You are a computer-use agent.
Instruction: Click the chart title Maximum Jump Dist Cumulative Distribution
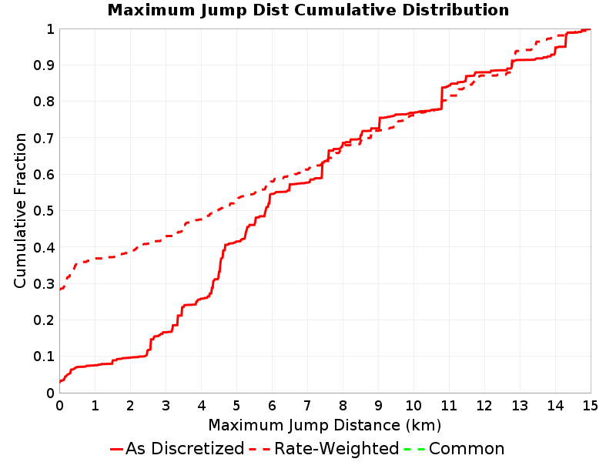coord(309,10)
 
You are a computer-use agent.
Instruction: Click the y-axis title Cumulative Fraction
coord(20,210)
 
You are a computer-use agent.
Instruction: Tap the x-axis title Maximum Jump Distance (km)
coord(325,426)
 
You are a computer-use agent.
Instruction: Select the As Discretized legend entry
coord(177,449)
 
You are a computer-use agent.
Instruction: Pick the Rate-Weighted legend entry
coord(324,449)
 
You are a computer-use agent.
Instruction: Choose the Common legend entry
coord(454,449)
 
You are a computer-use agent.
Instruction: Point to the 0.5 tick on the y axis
coord(44,210)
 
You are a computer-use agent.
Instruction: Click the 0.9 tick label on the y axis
coord(44,65)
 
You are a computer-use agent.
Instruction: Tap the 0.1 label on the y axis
coord(44,357)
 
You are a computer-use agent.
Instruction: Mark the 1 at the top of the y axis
coord(50,28)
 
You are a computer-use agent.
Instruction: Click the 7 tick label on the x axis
coord(307,405)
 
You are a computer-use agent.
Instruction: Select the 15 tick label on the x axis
coord(590,405)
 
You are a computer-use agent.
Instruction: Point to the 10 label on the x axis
coord(413,405)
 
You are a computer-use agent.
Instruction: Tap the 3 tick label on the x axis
coord(166,405)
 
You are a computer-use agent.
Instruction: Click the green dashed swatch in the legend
coord(414,449)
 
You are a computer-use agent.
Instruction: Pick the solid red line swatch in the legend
coord(117,449)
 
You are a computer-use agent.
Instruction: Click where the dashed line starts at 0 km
coord(60,290)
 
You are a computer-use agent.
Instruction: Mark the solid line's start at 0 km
coord(60,381)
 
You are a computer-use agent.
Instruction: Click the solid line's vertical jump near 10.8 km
coord(441,99)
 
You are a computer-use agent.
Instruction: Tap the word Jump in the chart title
coord(223,11)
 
